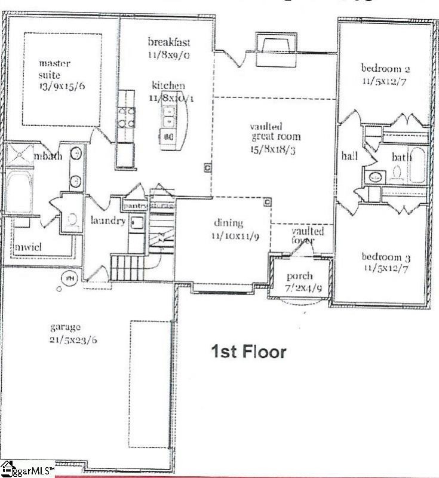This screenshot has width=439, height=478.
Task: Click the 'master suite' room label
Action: pyautogui.click(x=56, y=62)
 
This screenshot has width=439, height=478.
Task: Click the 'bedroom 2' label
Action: pyautogui.click(x=385, y=67)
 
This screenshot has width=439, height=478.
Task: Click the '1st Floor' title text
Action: pyautogui.click(x=248, y=352)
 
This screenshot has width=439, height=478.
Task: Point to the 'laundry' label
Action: pyautogui.click(x=108, y=220)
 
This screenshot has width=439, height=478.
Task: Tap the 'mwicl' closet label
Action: pyautogui.click(x=27, y=246)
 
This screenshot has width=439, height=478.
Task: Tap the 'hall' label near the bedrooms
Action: pyautogui.click(x=349, y=157)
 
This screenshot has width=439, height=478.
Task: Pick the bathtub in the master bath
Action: pyautogui.click(x=20, y=191)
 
